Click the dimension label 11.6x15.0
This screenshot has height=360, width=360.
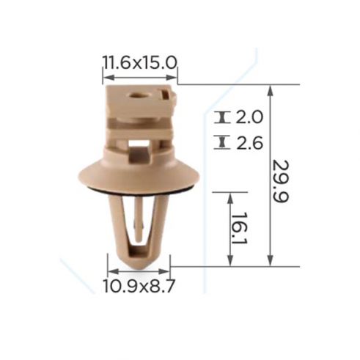(x=139, y=62)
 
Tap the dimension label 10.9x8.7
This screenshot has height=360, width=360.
(x=139, y=286)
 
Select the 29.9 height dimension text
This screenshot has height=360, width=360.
(x=281, y=181)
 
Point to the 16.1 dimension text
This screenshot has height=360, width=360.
(x=240, y=227)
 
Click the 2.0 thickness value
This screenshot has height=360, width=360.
(x=249, y=117)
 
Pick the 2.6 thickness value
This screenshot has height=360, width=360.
(x=249, y=142)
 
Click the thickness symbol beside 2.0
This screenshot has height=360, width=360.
(x=222, y=117)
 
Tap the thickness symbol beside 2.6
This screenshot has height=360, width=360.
(x=222, y=142)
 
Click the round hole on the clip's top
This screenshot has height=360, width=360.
(x=135, y=95)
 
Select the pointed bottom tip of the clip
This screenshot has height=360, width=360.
(x=139, y=268)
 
